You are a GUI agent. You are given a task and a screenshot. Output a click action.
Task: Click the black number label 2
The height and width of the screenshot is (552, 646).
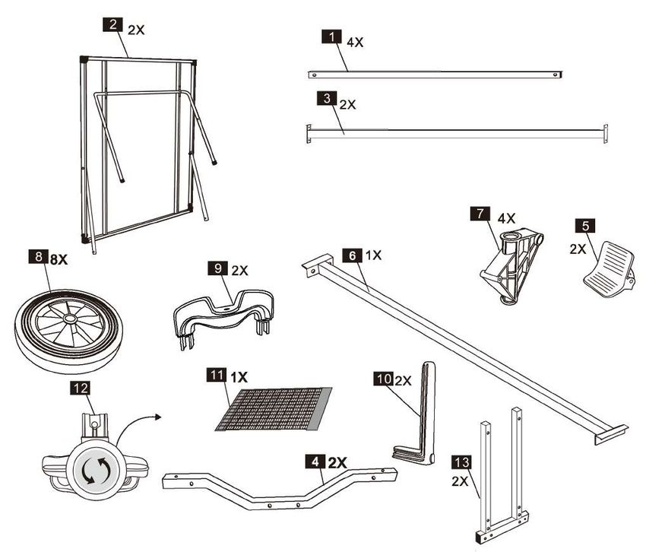pyautogui.click(x=112, y=24)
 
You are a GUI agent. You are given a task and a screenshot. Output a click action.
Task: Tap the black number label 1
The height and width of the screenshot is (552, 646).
pyautogui.click(x=331, y=36)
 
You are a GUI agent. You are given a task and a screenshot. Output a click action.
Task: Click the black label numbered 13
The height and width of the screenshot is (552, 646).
pyautogui.click(x=461, y=462)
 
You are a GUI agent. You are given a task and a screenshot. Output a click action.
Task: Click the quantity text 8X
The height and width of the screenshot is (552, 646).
pyautogui.click(x=59, y=259)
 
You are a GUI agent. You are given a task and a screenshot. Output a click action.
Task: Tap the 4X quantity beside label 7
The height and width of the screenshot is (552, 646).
pyautogui.click(x=506, y=217)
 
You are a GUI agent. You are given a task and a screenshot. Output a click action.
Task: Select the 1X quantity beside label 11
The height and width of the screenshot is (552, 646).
pyautogui.click(x=239, y=376)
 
